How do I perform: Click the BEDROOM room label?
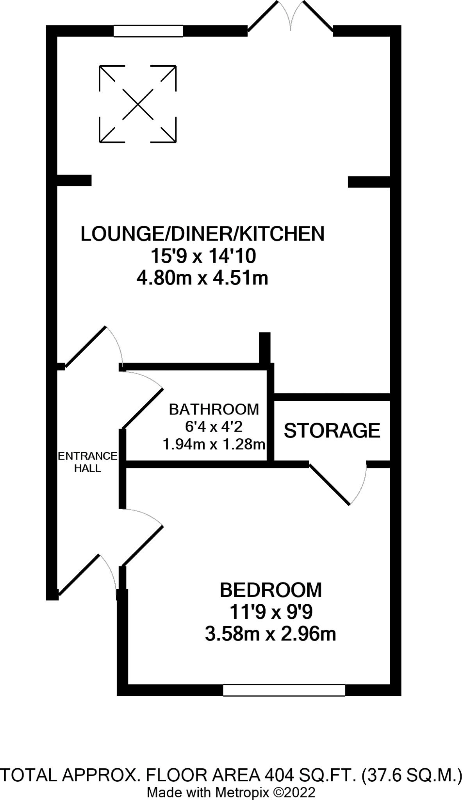[x=271, y=590]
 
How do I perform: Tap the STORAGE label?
[x=332, y=430]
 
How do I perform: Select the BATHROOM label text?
[x=214, y=409]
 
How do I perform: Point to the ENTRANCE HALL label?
[x=87, y=462]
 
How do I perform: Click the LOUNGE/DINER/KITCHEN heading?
[x=203, y=234]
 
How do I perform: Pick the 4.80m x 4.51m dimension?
[x=202, y=279]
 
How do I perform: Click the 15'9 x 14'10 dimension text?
[x=203, y=256]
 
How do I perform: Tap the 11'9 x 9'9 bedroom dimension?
[x=271, y=612]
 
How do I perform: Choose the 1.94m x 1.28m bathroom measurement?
[x=214, y=444]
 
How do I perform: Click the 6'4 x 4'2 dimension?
[x=214, y=427]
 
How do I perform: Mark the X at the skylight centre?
[x=138, y=104]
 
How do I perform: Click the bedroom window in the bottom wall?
[x=284, y=690]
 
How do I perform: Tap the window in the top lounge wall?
[x=148, y=31]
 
